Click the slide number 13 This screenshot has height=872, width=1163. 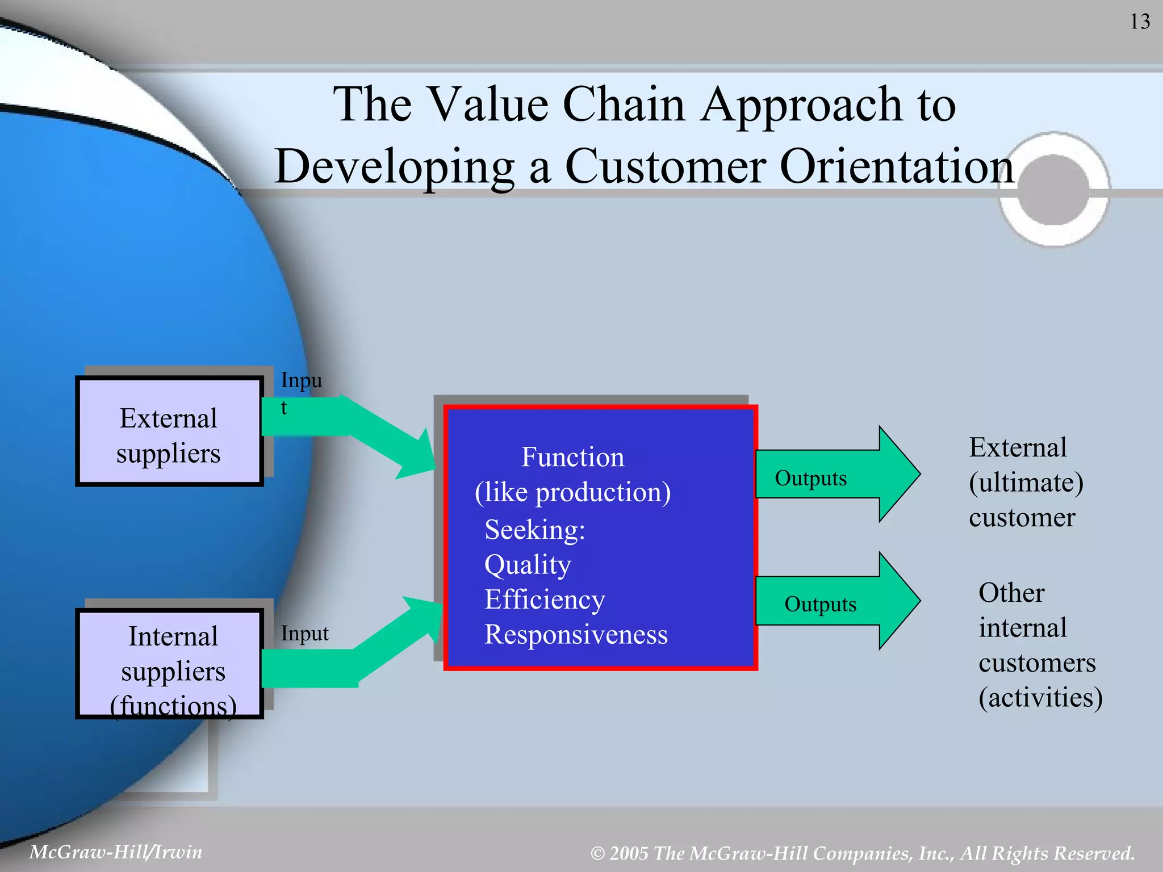tap(1139, 22)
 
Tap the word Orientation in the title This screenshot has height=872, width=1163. tap(897, 166)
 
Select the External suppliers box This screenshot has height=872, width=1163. tap(169, 431)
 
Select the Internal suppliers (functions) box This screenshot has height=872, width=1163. tap(169, 664)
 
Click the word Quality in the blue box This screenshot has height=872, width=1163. tap(528, 565)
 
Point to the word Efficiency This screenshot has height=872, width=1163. tap(545, 600)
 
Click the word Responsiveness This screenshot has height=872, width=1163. tap(576, 635)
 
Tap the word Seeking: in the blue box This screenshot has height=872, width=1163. tap(534, 530)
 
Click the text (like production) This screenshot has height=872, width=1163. tap(572, 492)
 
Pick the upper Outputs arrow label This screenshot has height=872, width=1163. tap(810, 478)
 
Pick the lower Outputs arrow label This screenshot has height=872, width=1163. tap(820, 604)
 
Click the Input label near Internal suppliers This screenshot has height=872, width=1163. tap(304, 634)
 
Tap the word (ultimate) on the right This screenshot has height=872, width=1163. tap(1026, 483)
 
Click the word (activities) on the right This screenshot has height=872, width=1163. tap(1040, 698)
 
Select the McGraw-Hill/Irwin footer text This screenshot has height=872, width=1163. tap(116, 852)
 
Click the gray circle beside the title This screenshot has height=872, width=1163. tap(1053, 190)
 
